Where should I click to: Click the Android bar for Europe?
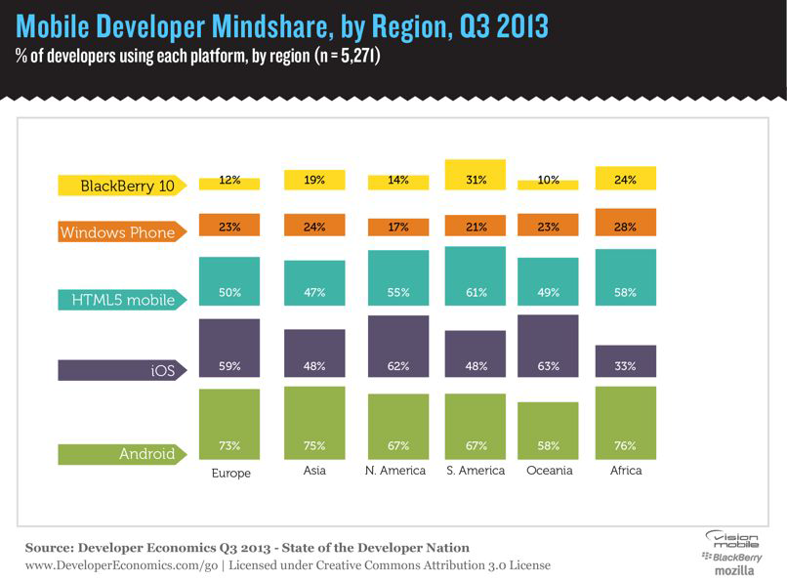point(229,424)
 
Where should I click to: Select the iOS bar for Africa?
point(625,361)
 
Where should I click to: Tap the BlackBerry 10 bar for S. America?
point(476,175)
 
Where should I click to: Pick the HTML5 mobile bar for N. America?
point(397,278)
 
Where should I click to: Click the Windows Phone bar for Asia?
point(314,227)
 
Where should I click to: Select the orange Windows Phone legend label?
point(118,232)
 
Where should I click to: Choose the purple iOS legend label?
point(118,371)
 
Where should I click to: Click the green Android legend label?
point(118,453)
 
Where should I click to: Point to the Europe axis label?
point(230,473)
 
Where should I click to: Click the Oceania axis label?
point(548,471)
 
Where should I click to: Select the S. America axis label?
point(476,471)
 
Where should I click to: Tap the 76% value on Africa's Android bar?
point(625,446)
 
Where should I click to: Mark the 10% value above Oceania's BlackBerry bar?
point(548,179)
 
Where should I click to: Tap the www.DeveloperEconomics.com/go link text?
point(107,565)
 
